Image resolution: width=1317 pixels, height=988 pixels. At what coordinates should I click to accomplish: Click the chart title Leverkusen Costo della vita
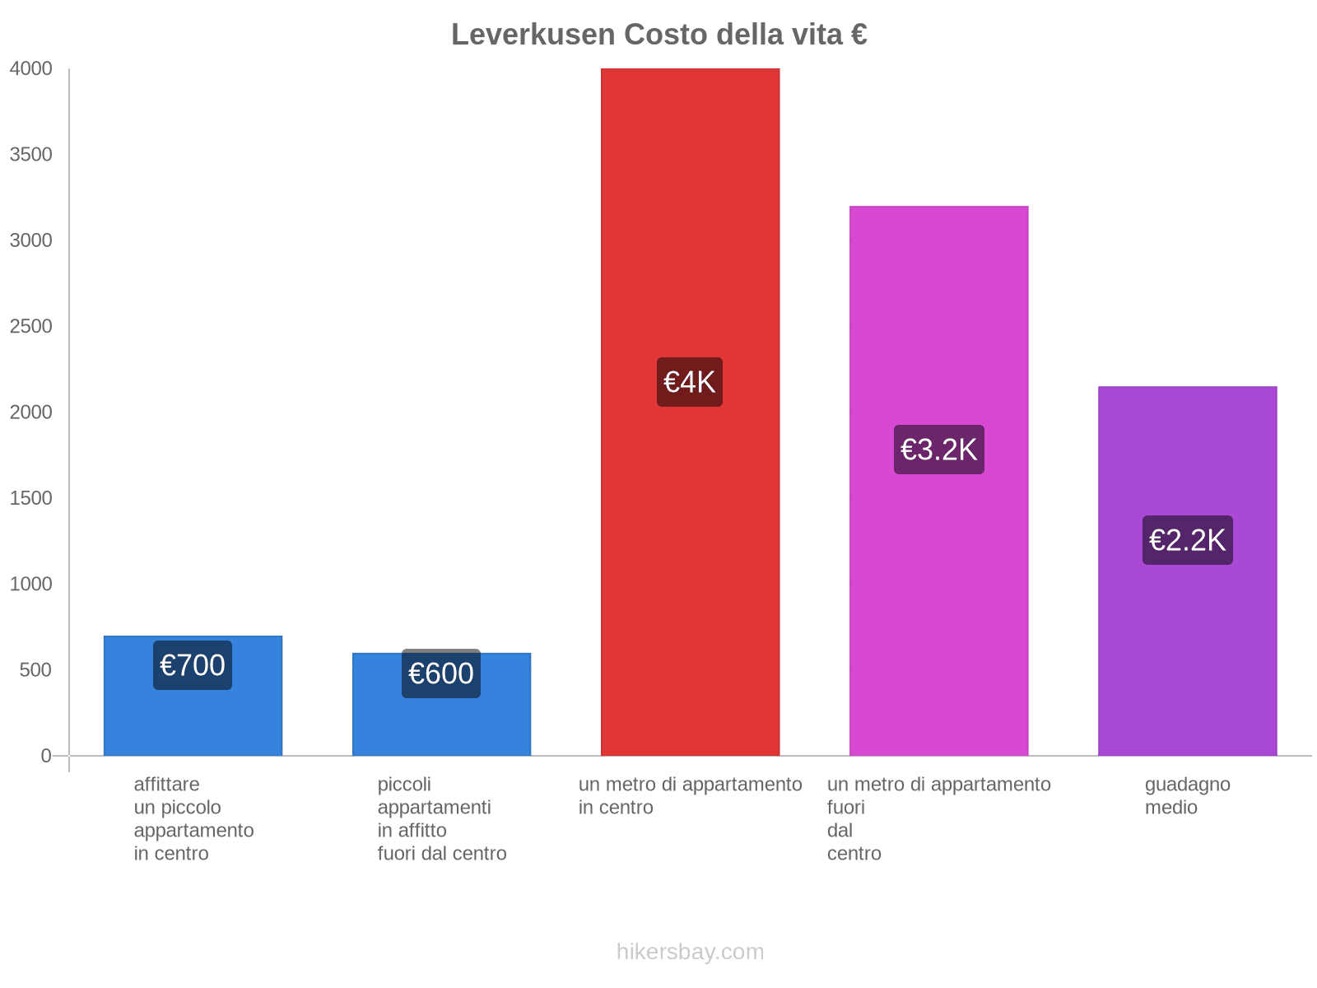658,35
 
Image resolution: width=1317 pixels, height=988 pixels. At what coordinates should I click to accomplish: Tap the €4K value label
690,382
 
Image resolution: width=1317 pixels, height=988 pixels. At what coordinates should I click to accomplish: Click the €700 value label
193,665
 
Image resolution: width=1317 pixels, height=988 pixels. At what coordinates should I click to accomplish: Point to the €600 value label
441,673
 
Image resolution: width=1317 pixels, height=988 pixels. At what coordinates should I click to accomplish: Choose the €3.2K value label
938,450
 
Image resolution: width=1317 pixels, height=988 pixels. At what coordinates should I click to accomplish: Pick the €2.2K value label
1187,540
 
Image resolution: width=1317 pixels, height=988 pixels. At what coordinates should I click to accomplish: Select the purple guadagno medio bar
1187,659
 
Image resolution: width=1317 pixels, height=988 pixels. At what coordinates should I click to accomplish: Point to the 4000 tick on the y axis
31,69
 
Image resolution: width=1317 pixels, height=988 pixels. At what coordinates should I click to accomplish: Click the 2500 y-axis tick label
31,327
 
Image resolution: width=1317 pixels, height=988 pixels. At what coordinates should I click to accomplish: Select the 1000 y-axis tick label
31,585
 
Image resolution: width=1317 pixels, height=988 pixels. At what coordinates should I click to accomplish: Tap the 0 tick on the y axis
46,756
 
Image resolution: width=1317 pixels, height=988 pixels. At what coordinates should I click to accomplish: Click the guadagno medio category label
1187,795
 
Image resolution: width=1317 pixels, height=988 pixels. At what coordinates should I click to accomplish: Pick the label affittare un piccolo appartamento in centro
193,818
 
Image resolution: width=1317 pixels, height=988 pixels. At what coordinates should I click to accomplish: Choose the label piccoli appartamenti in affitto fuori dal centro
441,818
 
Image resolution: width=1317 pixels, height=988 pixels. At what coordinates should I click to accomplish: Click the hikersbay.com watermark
690,952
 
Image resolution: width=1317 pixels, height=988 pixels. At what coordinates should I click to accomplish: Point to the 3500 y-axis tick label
31,155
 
